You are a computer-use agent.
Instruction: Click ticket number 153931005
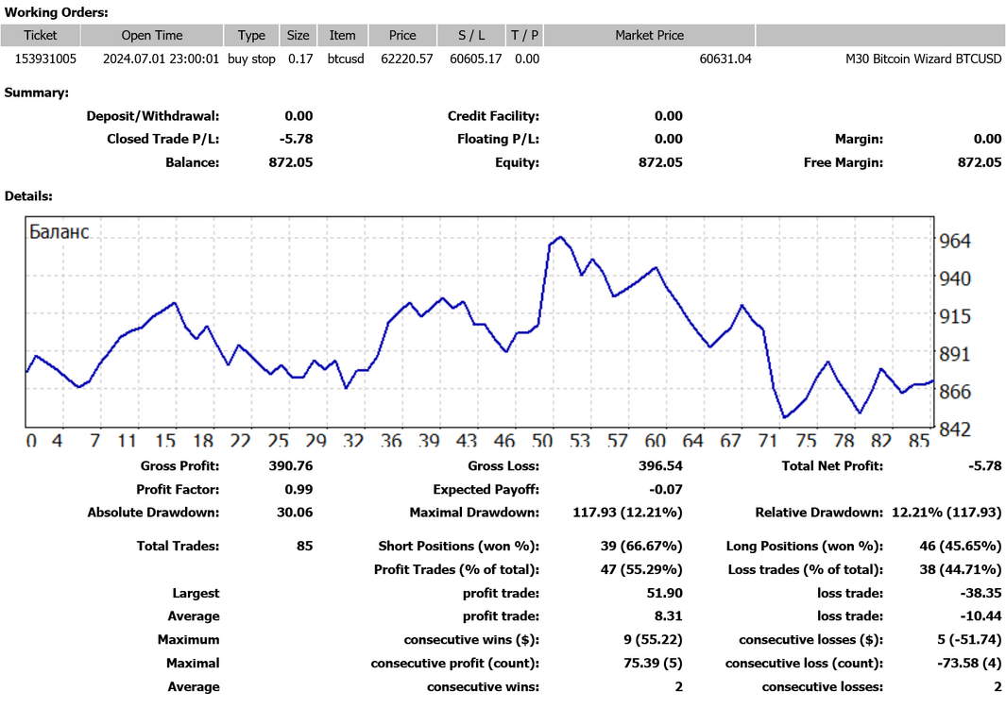tap(45, 59)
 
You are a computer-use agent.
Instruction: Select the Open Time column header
tap(152, 35)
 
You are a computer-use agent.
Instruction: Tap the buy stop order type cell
tap(251, 59)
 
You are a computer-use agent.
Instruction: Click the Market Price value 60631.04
tap(725, 59)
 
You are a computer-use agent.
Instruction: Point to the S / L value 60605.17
tap(475, 59)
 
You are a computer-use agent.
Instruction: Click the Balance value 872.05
tap(291, 162)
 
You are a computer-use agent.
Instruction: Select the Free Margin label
tap(843, 163)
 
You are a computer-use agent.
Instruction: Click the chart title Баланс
tap(59, 231)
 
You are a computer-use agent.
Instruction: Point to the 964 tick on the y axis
tap(955, 241)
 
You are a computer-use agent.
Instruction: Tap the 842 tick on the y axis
tap(955, 429)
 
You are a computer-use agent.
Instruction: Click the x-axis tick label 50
tap(542, 440)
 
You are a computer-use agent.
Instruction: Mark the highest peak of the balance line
tap(561, 237)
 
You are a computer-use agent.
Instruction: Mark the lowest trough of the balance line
tap(785, 417)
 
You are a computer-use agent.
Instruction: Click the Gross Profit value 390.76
tap(291, 465)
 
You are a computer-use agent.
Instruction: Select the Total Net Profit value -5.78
tap(985, 465)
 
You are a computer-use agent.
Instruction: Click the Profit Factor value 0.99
tap(298, 489)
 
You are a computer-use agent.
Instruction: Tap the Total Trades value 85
tap(305, 546)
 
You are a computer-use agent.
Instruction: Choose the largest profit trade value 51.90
tap(665, 593)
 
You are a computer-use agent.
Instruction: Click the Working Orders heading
tap(57, 12)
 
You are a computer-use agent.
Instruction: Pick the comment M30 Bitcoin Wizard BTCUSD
tap(923, 59)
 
